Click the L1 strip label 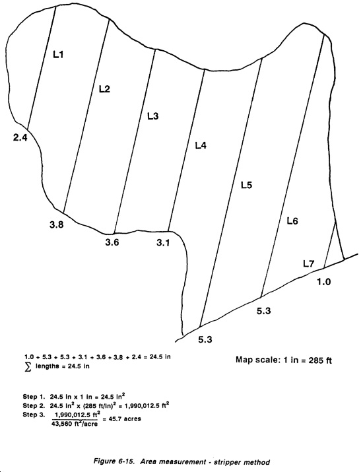(x=58, y=55)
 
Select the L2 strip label (x=104, y=89)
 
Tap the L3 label (x=153, y=116)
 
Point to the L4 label (x=201, y=146)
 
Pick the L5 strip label (x=247, y=185)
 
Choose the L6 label (x=292, y=221)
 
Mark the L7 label (x=308, y=264)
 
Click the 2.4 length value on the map (x=20, y=137)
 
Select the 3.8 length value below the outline (x=57, y=224)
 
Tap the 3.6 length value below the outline (x=112, y=242)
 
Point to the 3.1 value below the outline (x=163, y=242)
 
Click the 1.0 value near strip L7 (x=324, y=282)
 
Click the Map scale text (x=284, y=360)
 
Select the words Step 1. (x=34, y=397)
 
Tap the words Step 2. (x=34, y=405)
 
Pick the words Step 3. (x=34, y=415)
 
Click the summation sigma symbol (x=28, y=366)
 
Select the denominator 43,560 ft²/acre (x=75, y=424)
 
